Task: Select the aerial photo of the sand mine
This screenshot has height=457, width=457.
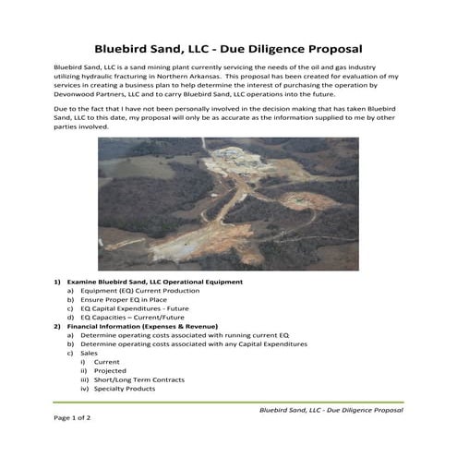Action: pos(228,203)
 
